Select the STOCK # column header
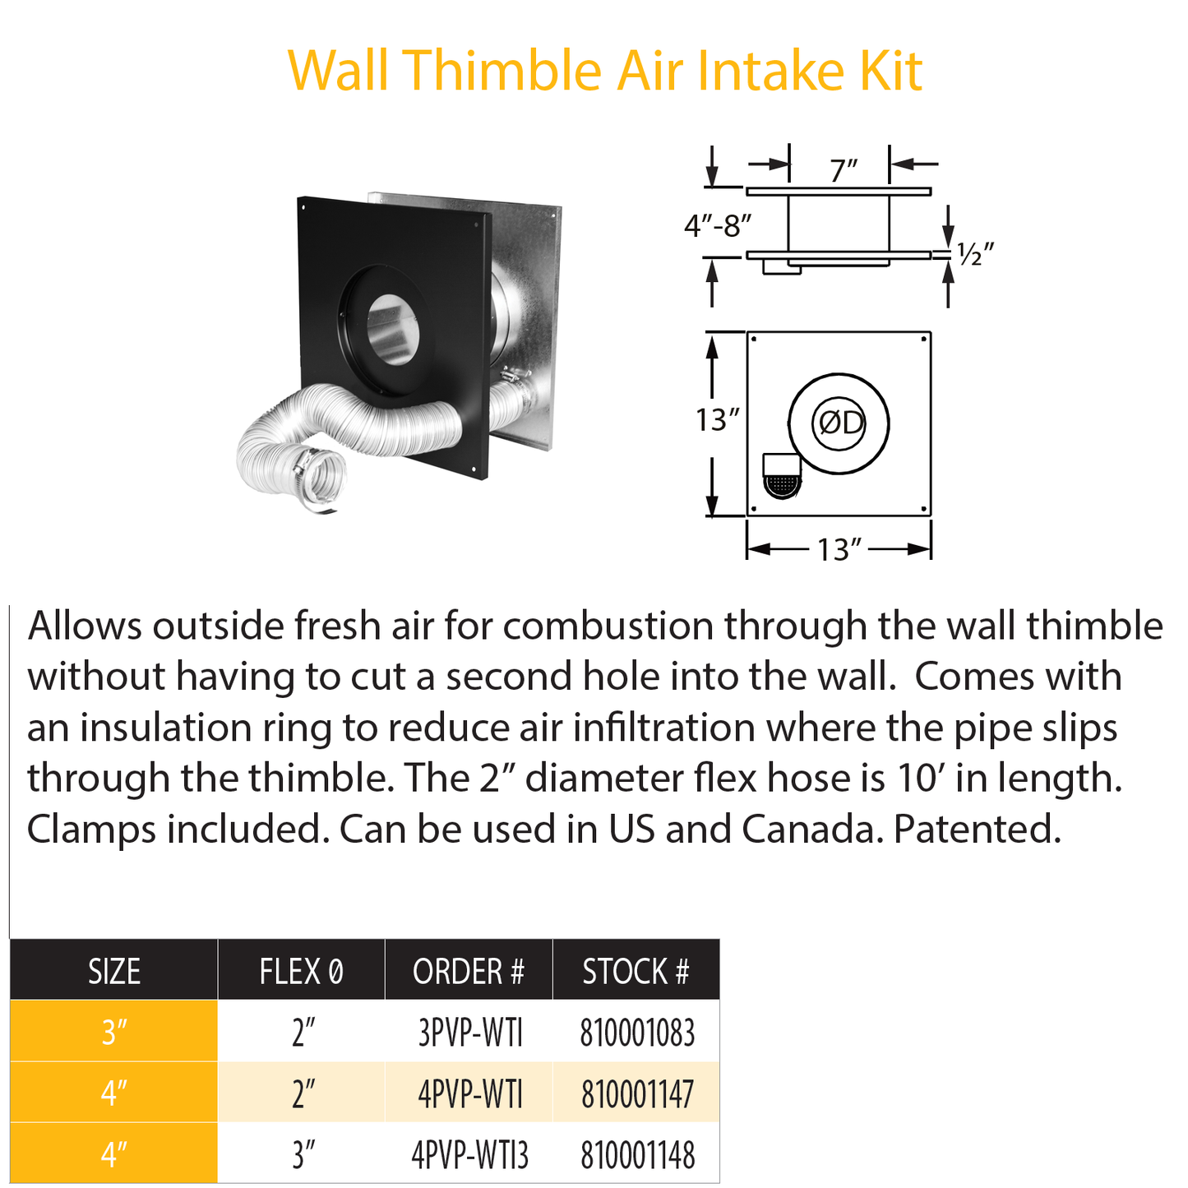[x=635, y=971]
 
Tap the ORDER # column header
[x=468, y=971]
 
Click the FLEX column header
[x=301, y=971]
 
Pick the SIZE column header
[x=114, y=971]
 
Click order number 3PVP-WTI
[x=469, y=1033]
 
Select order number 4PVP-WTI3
[x=469, y=1155]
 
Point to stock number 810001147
[x=637, y=1094]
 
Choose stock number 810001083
[x=637, y=1033]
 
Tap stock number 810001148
[x=637, y=1155]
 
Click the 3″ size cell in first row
[x=114, y=1033]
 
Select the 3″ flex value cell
[x=303, y=1155]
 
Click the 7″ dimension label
[x=844, y=171]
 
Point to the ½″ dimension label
[x=975, y=254]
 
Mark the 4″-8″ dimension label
[x=718, y=224]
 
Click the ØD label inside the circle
[x=839, y=423]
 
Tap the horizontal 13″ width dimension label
[x=839, y=549]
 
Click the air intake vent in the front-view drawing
[x=781, y=477]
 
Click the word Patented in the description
[x=977, y=830]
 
